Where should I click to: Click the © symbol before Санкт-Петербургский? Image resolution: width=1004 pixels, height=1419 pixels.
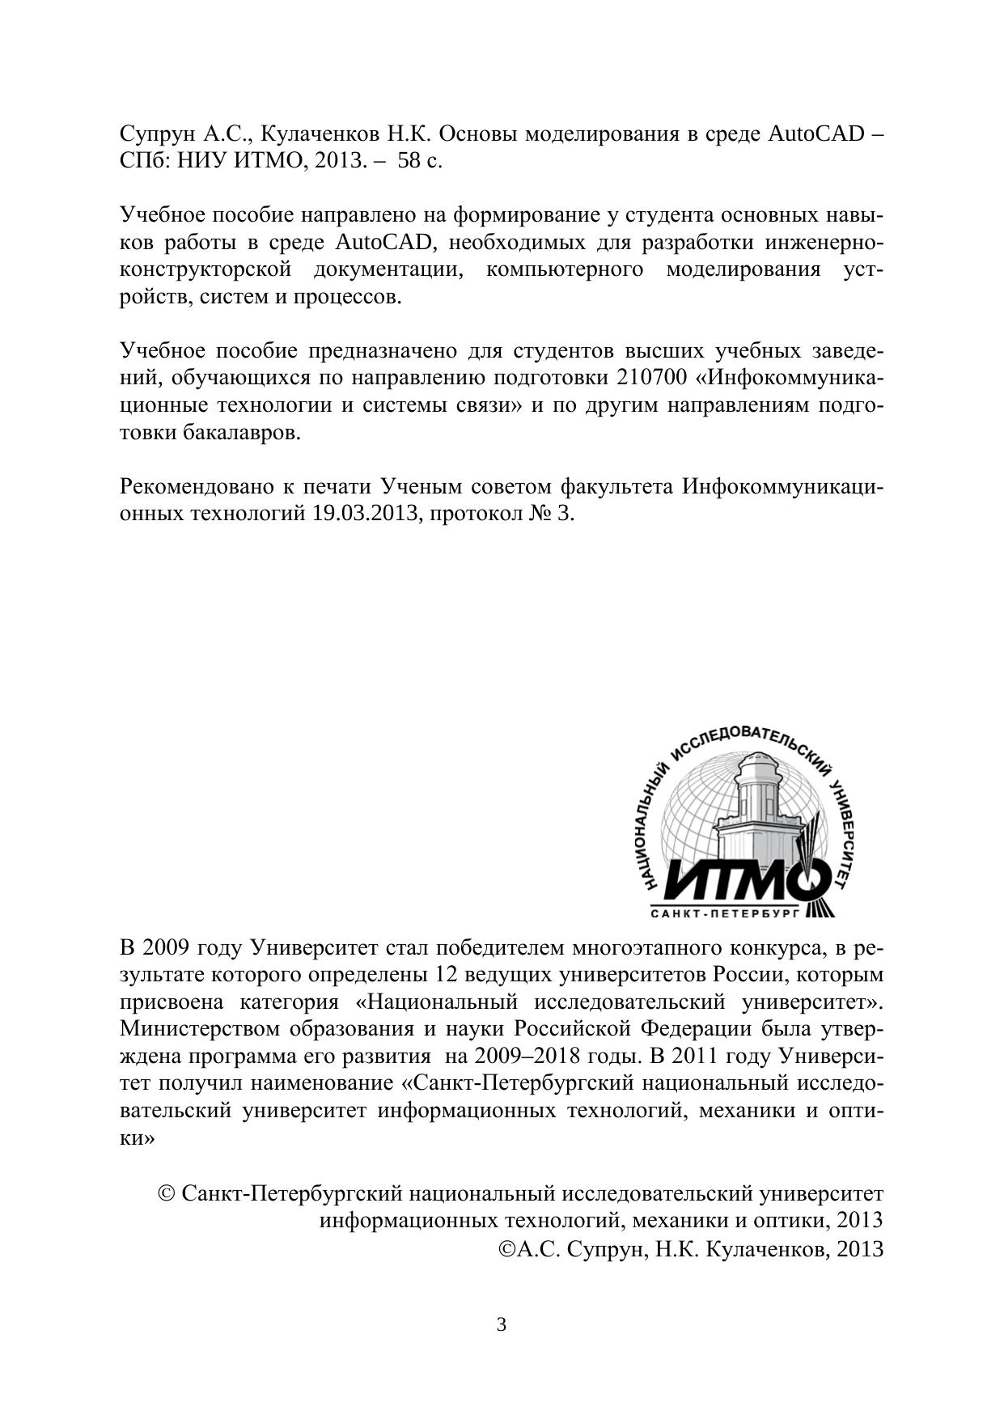tap(167, 1194)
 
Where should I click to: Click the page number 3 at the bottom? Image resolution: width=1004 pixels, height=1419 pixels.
tap(502, 1325)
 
